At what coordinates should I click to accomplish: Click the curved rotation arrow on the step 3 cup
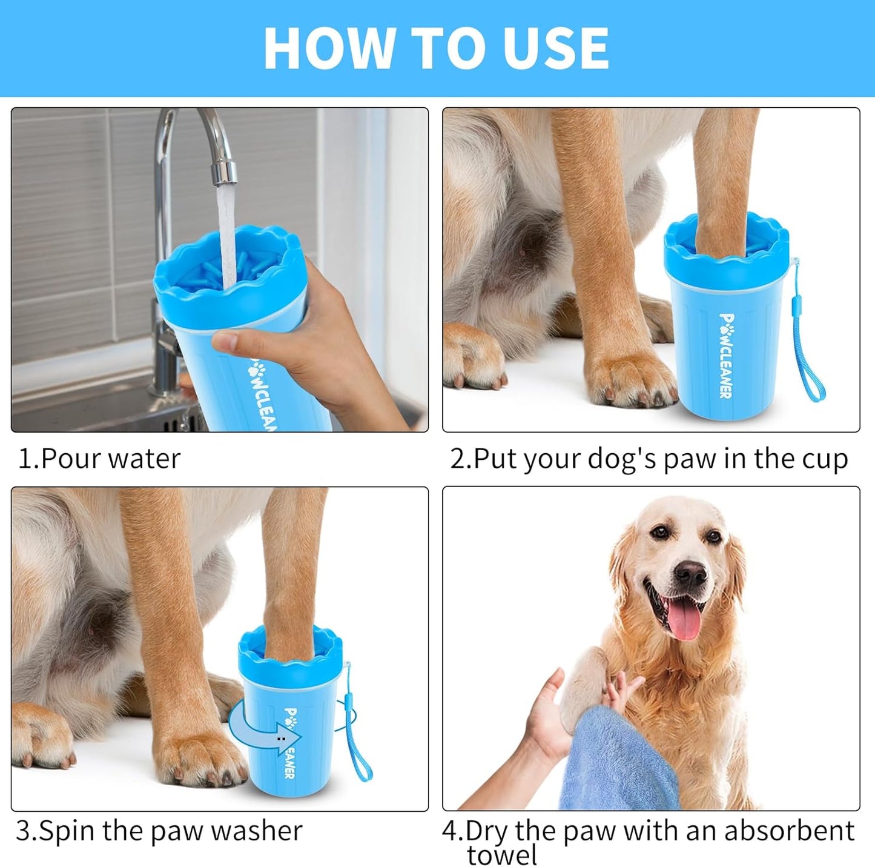click(266, 733)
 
